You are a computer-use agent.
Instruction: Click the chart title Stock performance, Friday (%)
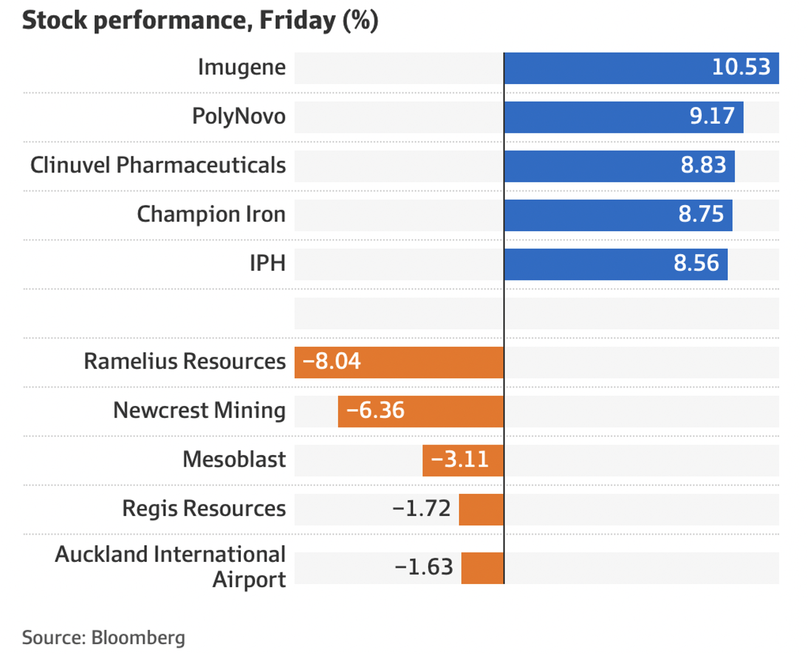pyautogui.click(x=200, y=20)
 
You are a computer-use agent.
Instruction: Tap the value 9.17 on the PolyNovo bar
pyautogui.click(x=712, y=116)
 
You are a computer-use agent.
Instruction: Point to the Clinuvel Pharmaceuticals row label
pyautogui.click(x=158, y=166)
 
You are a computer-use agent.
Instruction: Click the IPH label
pyautogui.click(x=267, y=263)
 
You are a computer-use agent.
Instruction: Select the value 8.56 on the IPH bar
pyautogui.click(x=696, y=263)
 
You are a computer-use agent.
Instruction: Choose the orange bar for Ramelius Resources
pyautogui.click(x=432, y=362)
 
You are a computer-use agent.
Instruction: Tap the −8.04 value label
pyautogui.click(x=332, y=362)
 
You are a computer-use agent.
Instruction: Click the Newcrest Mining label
pyautogui.click(x=199, y=410)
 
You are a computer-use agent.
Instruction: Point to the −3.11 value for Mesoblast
pyautogui.click(x=460, y=460)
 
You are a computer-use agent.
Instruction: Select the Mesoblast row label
pyautogui.click(x=234, y=460)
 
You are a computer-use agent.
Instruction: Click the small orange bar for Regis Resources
pyautogui.click(x=481, y=509)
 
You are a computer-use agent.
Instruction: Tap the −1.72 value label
pyautogui.click(x=421, y=509)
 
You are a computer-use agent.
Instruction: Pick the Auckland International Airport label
pyautogui.click(x=170, y=567)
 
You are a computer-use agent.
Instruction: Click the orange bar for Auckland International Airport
pyautogui.click(x=482, y=568)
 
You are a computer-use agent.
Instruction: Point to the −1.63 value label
pyautogui.click(x=424, y=567)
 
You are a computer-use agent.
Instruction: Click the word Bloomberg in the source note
pyautogui.click(x=138, y=637)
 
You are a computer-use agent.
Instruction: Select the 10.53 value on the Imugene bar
pyautogui.click(x=741, y=67)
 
